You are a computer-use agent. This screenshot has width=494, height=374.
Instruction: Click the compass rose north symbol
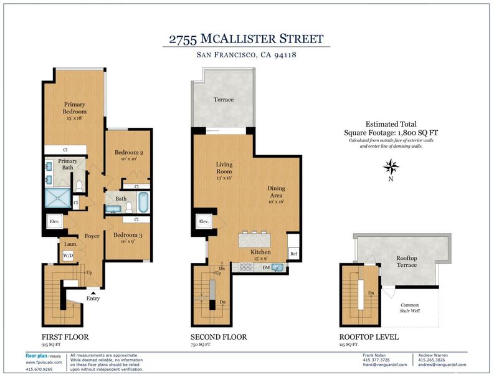pyautogui.click(x=391, y=167)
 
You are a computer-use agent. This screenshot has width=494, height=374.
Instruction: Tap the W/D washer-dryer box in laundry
pyautogui.click(x=68, y=256)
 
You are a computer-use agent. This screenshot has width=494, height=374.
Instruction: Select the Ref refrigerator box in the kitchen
pyautogui.click(x=293, y=254)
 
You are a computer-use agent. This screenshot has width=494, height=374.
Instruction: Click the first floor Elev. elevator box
pyautogui.click(x=55, y=221)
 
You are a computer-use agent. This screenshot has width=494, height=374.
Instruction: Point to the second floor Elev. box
pyautogui.click(x=204, y=221)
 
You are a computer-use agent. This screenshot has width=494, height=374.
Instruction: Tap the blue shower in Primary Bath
pyautogui.click(x=58, y=198)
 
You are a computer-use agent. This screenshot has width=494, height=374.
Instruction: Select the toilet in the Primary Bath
pyautogui.click(x=79, y=186)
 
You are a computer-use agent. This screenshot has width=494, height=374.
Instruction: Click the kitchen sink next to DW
pyautogui.click(x=278, y=268)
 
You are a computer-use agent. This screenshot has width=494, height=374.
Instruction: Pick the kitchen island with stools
pyautogui.click(x=255, y=240)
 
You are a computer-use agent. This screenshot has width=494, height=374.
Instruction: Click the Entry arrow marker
pyautogui.click(x=93, y=293)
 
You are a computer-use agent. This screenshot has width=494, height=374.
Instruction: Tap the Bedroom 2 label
pyautogui.click(x=129, y=152)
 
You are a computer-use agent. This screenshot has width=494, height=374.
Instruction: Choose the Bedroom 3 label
pyautogui.click(x=128, y=235)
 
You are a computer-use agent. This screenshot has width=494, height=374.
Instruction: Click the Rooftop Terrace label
pyautogui.click(x=406, y=261)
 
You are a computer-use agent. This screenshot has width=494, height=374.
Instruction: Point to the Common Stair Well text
pyautogui.click(x=409, y=308)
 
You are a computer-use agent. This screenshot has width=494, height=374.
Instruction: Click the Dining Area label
pyautogui.click(x=277, y=192)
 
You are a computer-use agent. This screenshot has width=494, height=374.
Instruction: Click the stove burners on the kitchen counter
pyautogui.click(x=245, y=268)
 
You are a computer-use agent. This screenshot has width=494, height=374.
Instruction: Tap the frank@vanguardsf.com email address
pyautogui.click(x=385, y=365)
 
